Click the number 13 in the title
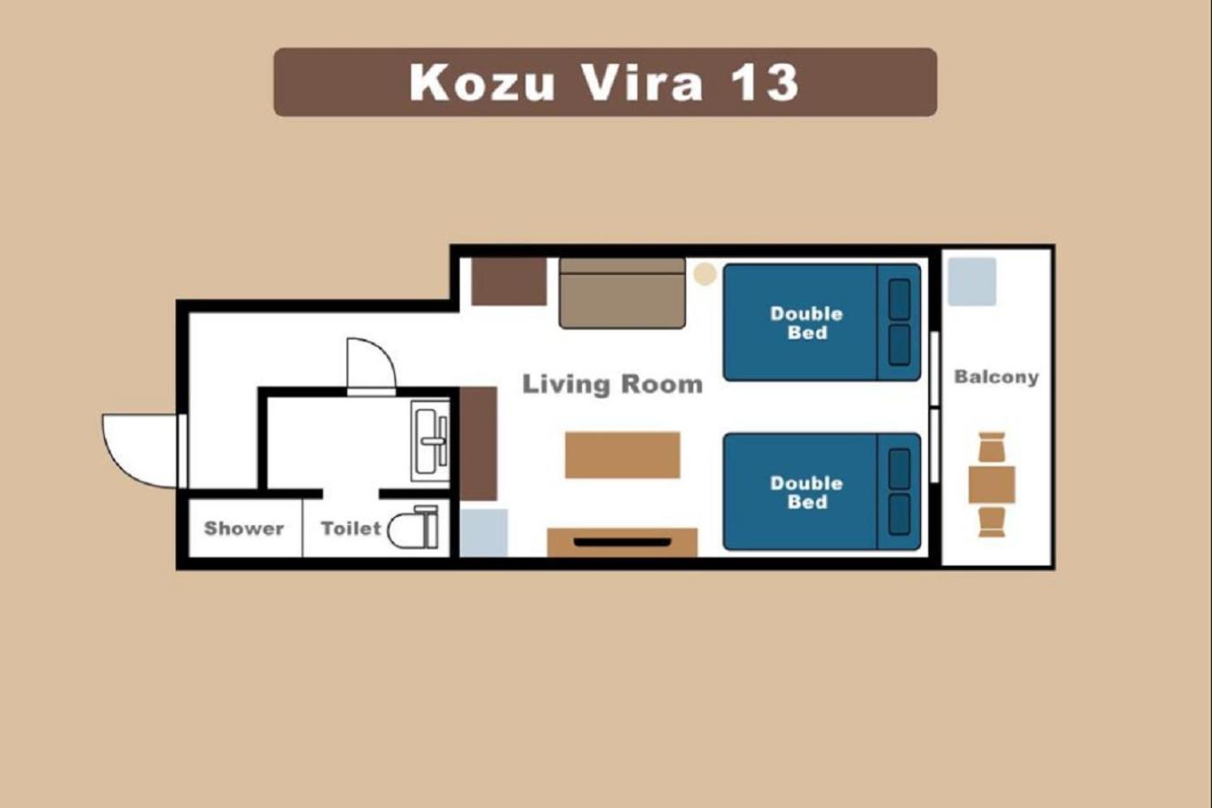pos(764,83)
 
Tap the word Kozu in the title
pos(482,83)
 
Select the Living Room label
pos(612,384)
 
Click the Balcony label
pos(997,377)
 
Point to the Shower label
pos(244,528)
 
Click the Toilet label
pos(351,528)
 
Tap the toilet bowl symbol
pos(413,527)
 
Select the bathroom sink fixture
pos(430,441)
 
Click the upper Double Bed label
pos(806,323)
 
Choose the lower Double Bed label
pos(806,493)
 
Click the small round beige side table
pos(705,274)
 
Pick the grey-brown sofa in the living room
pos(622,294)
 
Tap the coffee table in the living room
pos(622,455)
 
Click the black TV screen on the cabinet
pos(622,542)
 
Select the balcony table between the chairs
pos(992,485)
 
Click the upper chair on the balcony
pos(992,447)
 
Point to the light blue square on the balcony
pos(971,282)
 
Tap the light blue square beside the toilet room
pos(484,532)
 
